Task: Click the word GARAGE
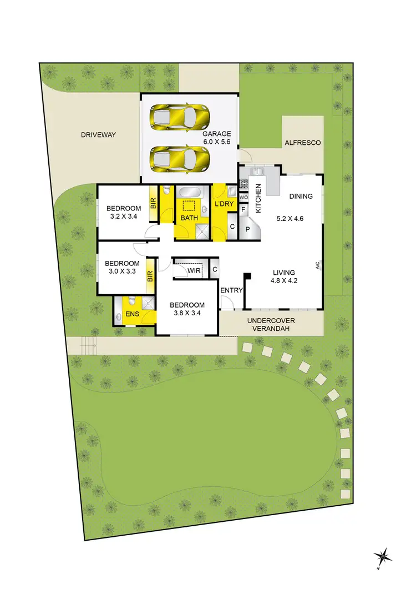coord(216,134)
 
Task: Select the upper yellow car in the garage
coord(181,117)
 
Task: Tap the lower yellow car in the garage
coord(181,159)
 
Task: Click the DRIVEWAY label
coord(98,135)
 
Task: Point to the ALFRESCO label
coord(302,143)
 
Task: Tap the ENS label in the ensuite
coord(132,314)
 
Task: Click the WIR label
coord(193,271)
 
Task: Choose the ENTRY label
coord(231,290)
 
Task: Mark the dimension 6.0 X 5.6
coord(216,142)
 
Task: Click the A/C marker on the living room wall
coord(318,265)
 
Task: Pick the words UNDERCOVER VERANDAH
coord(271,324)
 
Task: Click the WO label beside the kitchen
coord(243,198)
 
